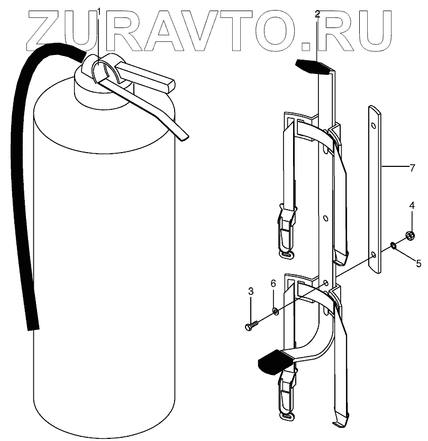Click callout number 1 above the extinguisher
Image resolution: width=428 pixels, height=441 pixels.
tap(98, 12)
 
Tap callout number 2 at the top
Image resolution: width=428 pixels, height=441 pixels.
tap(317, 14)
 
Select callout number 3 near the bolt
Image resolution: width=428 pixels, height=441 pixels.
tap(251, 291)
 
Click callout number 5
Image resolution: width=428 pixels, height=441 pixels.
tap(418, 262)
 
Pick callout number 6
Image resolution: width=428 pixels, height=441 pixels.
tap(274, 284)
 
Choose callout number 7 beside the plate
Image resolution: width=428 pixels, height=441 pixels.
tap(412, 168)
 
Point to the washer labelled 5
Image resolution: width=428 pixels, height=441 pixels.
tap(394, 245)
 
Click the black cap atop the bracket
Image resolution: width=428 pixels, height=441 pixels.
tap(313, 66)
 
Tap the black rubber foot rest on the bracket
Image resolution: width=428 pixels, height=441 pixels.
tap(272, 362)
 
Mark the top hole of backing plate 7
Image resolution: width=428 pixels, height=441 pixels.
tap(374, 126)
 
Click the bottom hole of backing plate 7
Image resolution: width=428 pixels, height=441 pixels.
tap(374, 255)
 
